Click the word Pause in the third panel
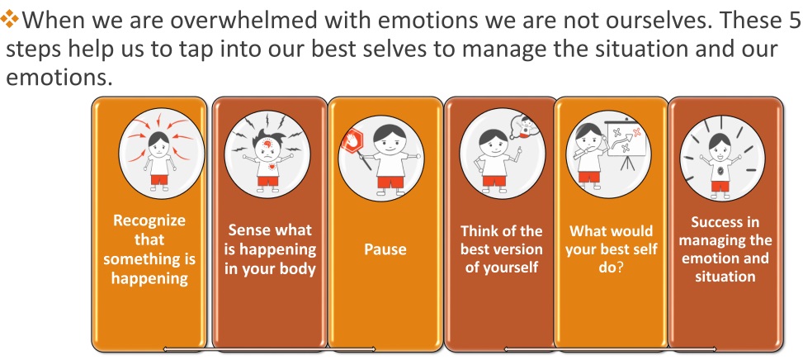385,249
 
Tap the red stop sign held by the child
352,140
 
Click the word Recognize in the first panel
149,220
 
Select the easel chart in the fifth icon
625,138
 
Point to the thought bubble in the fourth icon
523,126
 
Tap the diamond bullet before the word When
9,20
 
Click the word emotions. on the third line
59,78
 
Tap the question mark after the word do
619,268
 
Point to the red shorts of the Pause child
390,182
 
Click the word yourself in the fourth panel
509,268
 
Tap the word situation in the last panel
725,277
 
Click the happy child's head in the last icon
720,145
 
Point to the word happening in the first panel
149,278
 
